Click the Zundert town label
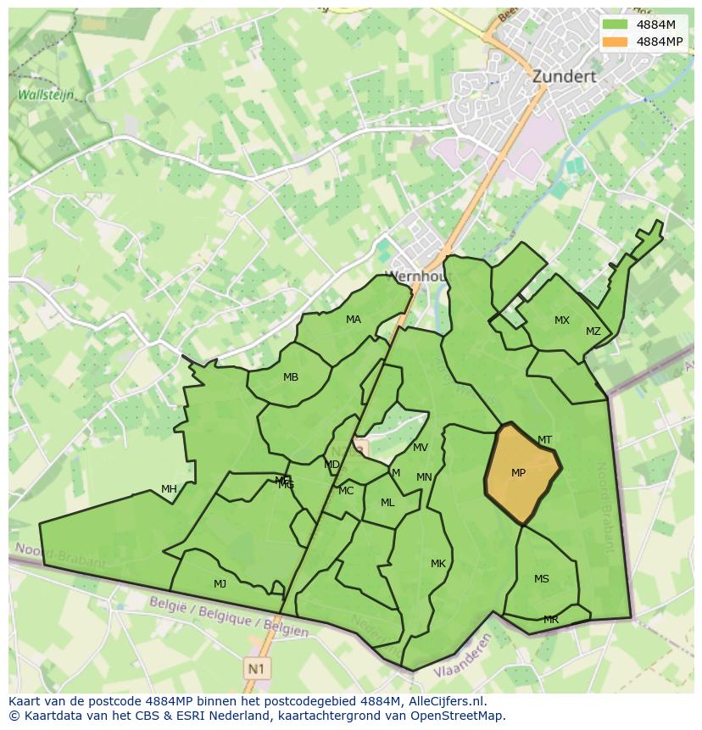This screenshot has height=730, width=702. click(x=564, y=76)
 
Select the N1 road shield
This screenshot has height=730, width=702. click(x=255, y=668)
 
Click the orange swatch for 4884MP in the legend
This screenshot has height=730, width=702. click(x=615, y=42)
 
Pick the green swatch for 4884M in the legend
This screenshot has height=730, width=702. click(x=615, y=25)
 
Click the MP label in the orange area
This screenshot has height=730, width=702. click(x=518, y=473)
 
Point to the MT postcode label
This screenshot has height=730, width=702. click(x=544, y=440)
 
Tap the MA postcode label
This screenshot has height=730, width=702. click(x=354, y=320)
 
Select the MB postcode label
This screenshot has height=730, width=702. click(x=291, y=377)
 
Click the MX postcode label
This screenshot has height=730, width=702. click(x=562, y=320)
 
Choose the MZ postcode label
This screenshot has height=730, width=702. click(x=593, y=332)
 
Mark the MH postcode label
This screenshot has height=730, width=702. click(x=169, y=489)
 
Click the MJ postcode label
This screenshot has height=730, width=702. click(x=220, y=583)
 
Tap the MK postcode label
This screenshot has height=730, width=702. click(x=437, y=564)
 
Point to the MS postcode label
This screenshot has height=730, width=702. click(x=542, y=579)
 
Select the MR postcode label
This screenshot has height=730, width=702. click(x=551, y=620)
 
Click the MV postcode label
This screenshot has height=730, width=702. click(x=421, y=448)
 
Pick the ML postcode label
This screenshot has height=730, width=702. click(x=387, y=503)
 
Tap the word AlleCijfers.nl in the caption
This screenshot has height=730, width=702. click(x=443, y=701)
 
